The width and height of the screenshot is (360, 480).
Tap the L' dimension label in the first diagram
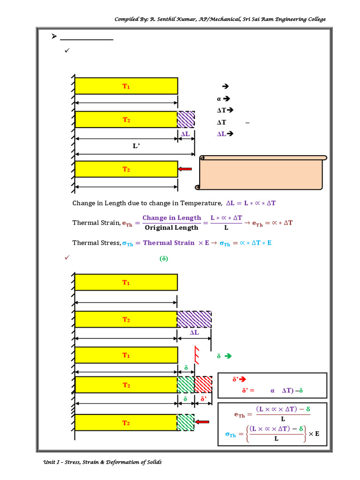point(136,146)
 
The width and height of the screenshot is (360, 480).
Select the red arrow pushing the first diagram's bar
point(185,169)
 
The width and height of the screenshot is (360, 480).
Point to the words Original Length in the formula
point(171,228)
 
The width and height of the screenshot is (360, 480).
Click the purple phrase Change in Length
point(172,218)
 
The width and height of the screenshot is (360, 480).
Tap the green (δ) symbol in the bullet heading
point(164,258)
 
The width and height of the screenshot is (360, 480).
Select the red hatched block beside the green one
point(203,384)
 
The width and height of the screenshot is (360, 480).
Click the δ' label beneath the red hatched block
point(203,399)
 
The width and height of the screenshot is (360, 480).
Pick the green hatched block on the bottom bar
point(185,422)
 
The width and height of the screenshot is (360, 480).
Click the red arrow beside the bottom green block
point(202,422)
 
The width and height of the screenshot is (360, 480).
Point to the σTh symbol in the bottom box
point(230,435)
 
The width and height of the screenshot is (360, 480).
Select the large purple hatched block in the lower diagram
point(194,319)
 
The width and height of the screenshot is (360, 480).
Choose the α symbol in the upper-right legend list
point(219,99)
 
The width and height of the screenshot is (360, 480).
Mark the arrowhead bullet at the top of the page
point(53,37)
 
